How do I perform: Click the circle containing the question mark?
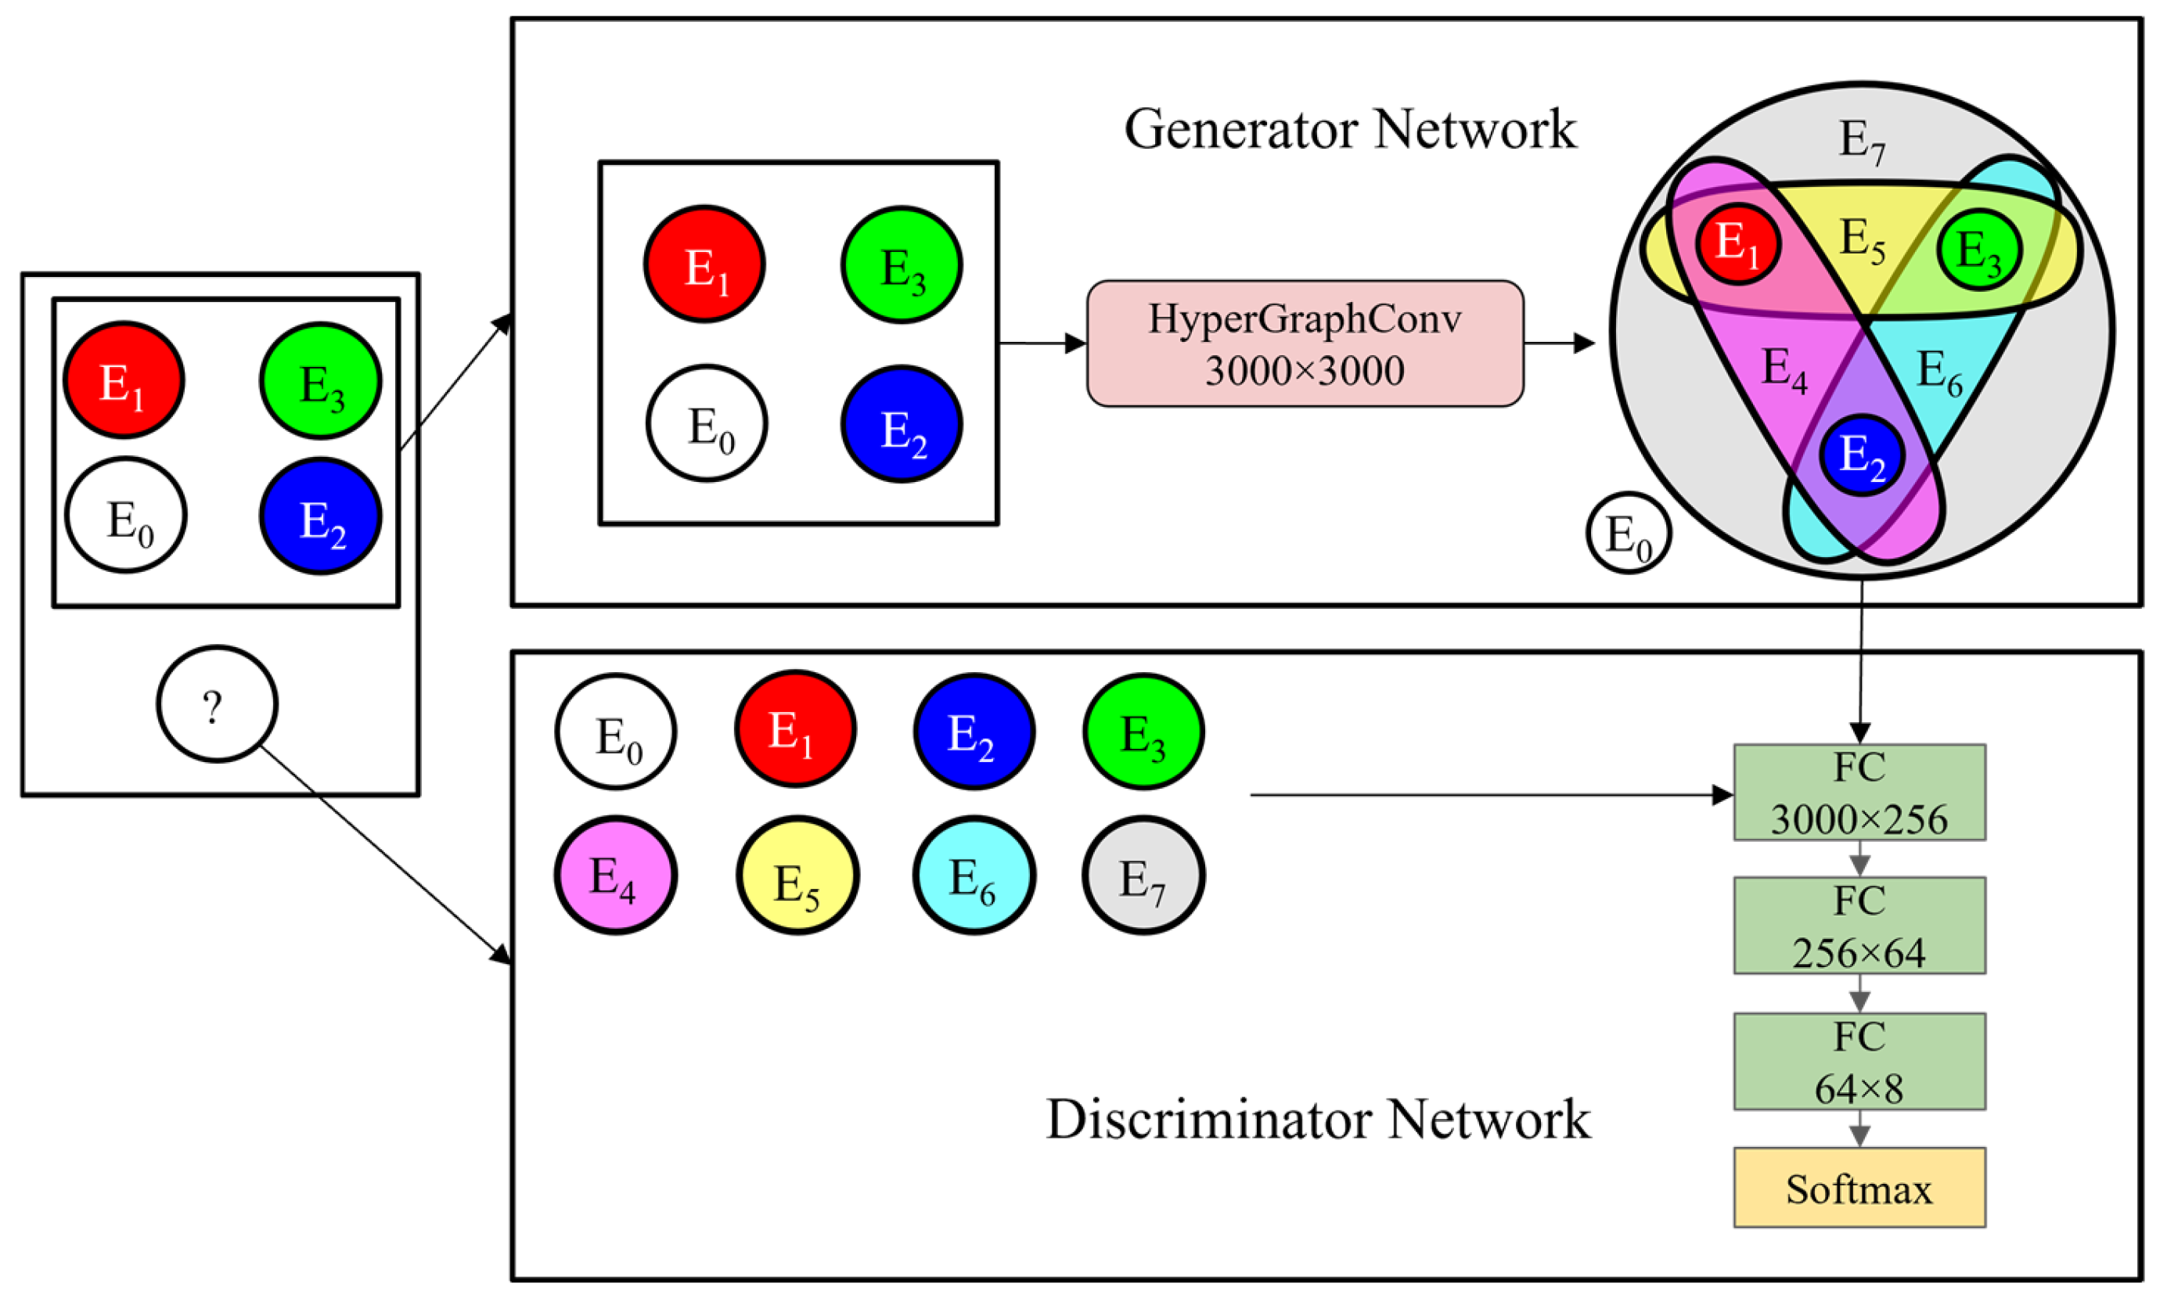tap(217, 703)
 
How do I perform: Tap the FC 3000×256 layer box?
tap(1859, 793)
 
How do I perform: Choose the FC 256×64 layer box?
tap(1859, 926)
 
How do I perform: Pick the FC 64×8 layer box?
tap(1859, 1062)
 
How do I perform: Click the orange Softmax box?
tap(1859, 1188)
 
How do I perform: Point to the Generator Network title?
tap(1350, 130)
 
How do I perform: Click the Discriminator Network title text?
tap(1318, 1120)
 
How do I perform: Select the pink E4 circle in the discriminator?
tap(615, 876)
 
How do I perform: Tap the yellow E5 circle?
tap(797, 876)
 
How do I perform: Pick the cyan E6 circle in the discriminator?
tap(974, 876)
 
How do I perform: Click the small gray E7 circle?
tap(1143, 876)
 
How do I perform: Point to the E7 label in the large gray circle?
tap(1861, 140)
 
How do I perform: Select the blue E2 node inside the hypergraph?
tap(1861, 455)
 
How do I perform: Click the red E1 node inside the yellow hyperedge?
tap(1737, 244)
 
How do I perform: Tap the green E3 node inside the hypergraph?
tap(1979, 250)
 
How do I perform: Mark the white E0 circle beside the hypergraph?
tap(1629, 533)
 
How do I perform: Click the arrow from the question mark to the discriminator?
tap(386, 855)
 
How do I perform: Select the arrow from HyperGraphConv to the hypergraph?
tap(1560, 343)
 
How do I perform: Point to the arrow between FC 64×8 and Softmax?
tap(1859, 1129)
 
